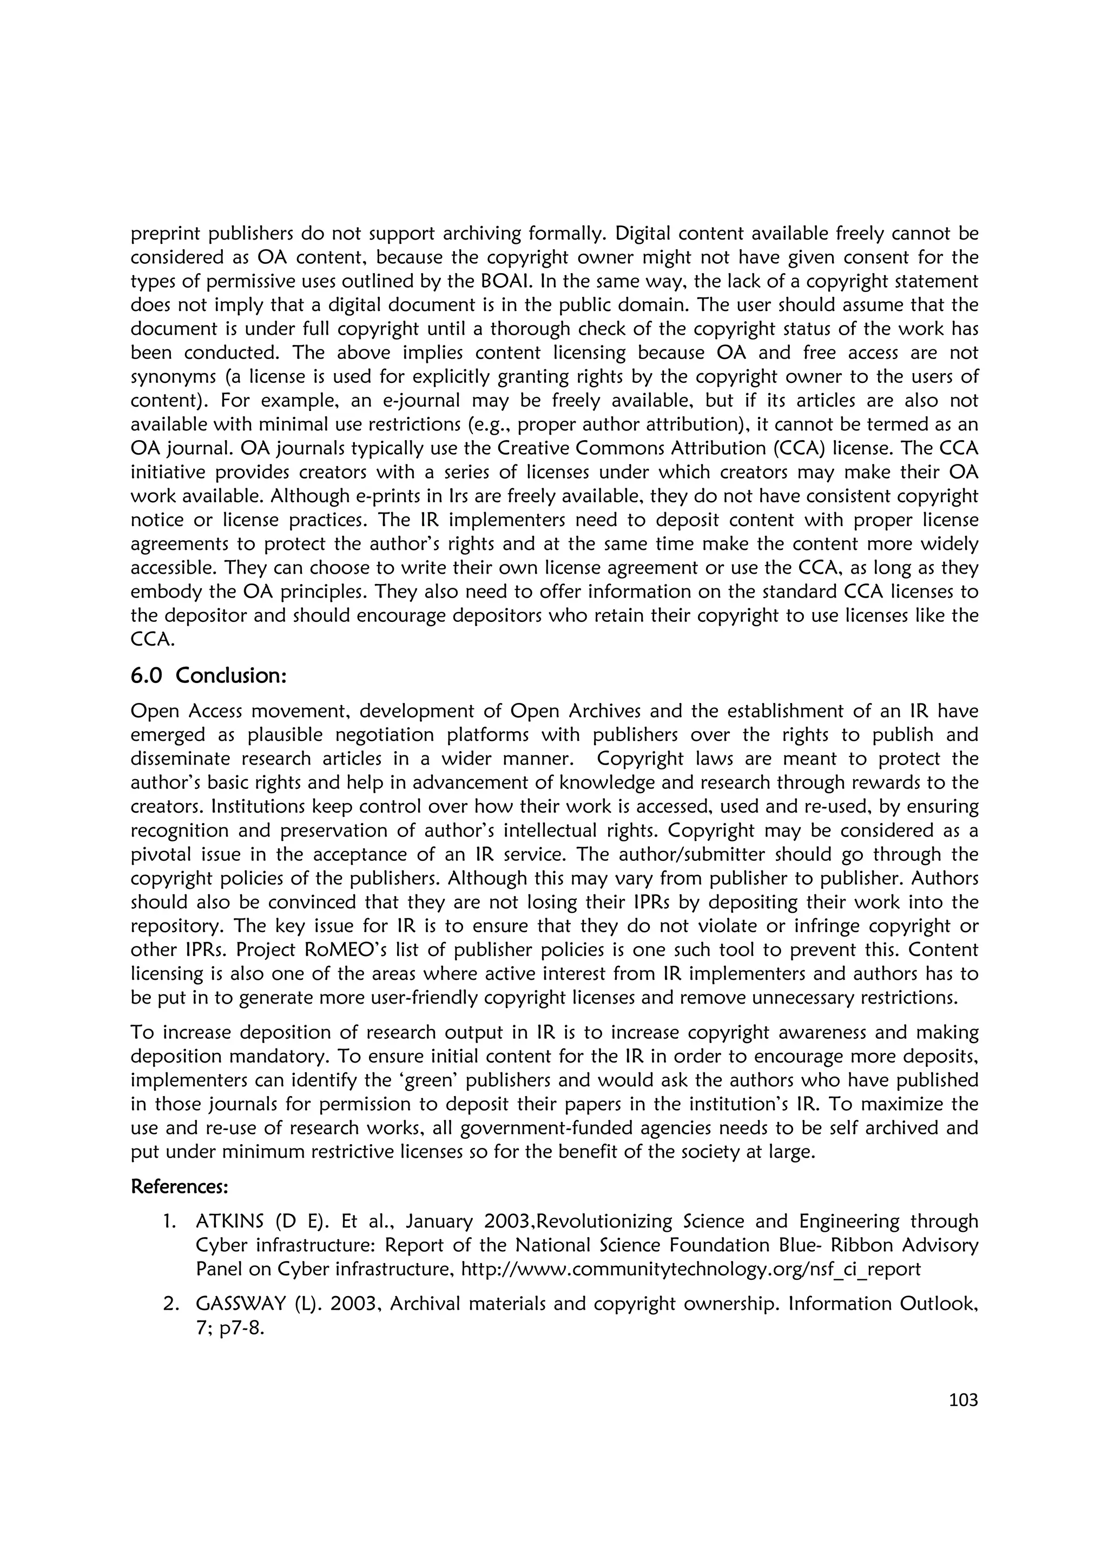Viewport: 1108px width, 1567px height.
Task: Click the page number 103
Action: pyautogui.click(x=963, y=1400)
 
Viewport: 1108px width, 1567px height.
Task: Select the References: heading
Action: pyautogui.click(x=179, y=1186)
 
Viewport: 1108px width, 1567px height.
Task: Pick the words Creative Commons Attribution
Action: pyautogui.click(x=624, y=448)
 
